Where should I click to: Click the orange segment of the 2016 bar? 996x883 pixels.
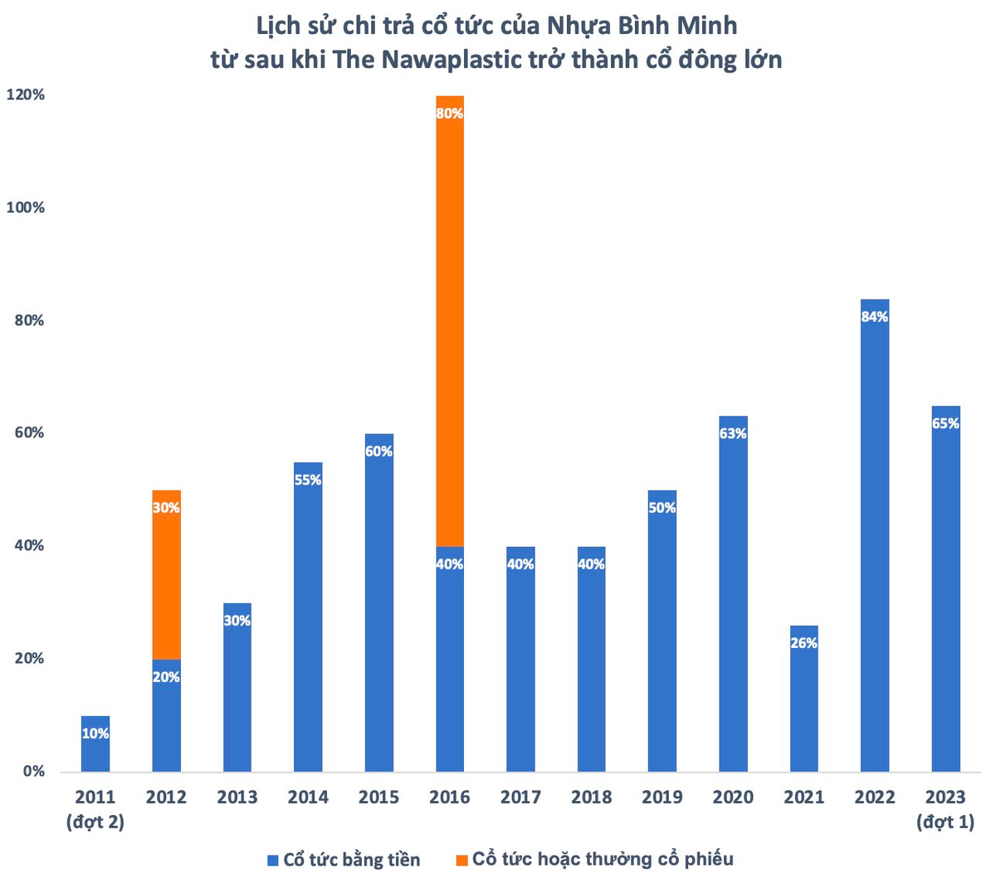[449, 320]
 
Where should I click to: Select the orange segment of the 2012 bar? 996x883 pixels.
[166, 574]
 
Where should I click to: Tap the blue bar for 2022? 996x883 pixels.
[874, 535]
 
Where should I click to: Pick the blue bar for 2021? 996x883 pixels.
[803, 699]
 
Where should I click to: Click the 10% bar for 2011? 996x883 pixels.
[95, 744]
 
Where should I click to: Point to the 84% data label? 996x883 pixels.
[874, 317]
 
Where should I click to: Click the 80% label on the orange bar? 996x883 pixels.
[449, 114]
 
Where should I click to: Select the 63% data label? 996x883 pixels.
[733, 433]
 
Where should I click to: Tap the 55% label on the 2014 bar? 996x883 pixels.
[308, 480]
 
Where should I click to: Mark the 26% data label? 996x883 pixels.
[803, 642]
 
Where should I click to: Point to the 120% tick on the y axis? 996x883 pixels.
[26, 95]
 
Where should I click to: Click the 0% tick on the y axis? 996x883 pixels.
[34, 771]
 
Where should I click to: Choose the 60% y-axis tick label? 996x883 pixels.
[30, 432]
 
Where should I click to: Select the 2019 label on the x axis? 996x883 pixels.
[662, 797]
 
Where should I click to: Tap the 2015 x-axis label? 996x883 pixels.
[378, 797]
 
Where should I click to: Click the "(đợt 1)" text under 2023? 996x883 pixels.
[945, 822]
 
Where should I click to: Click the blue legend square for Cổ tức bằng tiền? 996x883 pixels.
[272, 860]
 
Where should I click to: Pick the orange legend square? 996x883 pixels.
[461, 860]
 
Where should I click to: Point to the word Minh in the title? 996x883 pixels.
[707, 26]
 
